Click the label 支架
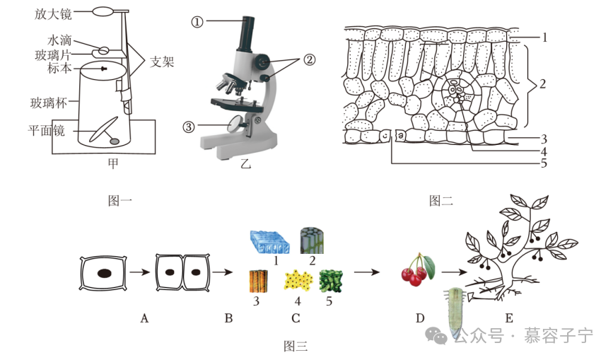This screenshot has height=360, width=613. [x=163, y=62]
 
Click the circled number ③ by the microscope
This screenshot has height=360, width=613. [x=188, y=127]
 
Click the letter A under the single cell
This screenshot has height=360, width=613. [x=144, y=318]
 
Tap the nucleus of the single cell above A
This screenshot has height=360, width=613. [x=104, y=273]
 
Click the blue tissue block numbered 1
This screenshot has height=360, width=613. [x=269, y=242]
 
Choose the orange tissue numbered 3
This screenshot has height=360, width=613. [x=260, y=283]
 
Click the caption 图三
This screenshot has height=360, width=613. [x=295, y=346]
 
